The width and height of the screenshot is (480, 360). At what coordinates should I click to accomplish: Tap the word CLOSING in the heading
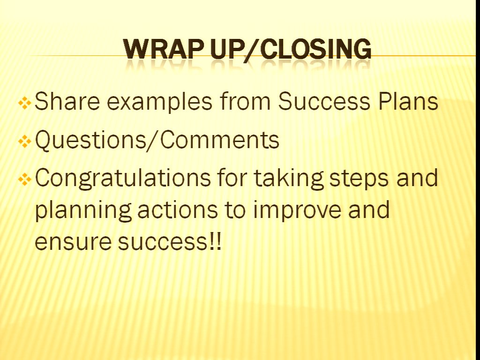315,49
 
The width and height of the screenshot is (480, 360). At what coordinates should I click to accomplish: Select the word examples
159,101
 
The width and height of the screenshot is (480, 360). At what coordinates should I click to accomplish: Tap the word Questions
90,140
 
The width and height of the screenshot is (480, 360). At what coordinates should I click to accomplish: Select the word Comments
219,140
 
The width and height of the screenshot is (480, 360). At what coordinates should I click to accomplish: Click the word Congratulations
123,178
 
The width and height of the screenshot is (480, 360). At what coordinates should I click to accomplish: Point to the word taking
289,178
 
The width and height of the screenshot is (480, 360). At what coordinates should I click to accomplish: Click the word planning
83,210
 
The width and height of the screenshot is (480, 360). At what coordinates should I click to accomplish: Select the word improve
297,210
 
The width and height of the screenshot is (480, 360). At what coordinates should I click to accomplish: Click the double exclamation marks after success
216,241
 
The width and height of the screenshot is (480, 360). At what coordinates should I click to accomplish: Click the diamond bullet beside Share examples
24,104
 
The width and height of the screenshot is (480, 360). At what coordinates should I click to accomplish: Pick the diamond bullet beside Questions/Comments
24,142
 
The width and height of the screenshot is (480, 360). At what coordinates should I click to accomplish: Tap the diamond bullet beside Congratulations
24,180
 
